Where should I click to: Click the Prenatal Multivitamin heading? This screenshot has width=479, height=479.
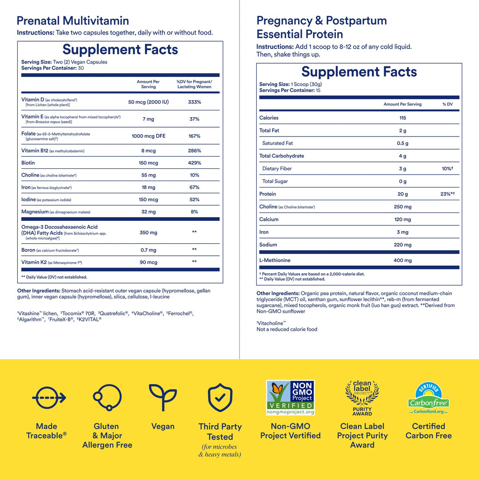[x=73, y=21]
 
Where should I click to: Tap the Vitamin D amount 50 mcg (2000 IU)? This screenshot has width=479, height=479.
[x=148, y=102]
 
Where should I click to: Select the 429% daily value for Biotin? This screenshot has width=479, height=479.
[x=194, y=163]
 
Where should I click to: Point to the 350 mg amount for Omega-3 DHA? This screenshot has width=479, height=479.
[x=148, y=232]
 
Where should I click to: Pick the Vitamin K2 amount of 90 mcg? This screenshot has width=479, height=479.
[x=148, y=262]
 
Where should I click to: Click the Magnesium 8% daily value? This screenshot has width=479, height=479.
[x=194, y=212]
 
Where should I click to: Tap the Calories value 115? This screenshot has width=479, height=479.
[x=402, y=118]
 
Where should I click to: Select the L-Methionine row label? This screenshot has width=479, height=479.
[x=275, y=260]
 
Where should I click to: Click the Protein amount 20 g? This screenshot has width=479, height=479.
[x=402, y=194]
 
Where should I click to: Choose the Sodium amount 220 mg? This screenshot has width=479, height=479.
[x=402, y=245]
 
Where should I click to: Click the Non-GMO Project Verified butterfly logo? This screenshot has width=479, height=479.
[x=290, y=397]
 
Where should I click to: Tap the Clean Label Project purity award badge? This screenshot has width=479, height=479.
[x=362, y=398]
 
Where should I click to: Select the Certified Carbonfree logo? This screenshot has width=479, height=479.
[x=428, y=398]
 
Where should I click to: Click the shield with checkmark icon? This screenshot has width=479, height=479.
[x=220, y=398]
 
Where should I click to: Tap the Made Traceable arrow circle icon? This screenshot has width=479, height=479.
[x=49, y=398]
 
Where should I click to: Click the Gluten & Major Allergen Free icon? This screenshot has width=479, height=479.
[x=107, y=398]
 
